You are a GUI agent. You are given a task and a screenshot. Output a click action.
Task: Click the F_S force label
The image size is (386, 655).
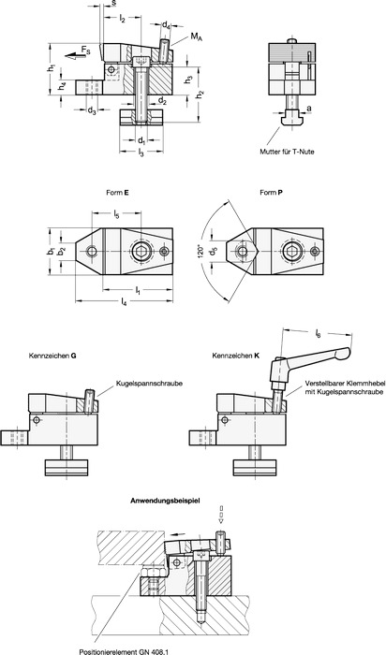(x=85, y=51)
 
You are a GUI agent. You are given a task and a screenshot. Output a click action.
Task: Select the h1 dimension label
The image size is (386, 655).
(x=51, y=67)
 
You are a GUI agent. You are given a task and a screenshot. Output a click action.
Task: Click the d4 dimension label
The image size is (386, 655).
(x=166, y=25)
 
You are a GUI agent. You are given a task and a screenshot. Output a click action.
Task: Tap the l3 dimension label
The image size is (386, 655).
(x=141, y=154)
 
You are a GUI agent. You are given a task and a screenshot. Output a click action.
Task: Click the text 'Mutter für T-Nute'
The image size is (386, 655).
(x=287, y=152)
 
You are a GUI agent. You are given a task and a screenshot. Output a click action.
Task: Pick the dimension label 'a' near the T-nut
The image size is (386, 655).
(x=308, y=109)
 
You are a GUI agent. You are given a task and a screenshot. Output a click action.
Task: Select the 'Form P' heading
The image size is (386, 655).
(x=271, y=193)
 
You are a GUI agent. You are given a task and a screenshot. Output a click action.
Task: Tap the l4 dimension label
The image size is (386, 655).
(x=124, y=301)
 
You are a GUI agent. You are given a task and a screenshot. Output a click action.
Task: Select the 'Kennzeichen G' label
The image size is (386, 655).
(x=52, y=357)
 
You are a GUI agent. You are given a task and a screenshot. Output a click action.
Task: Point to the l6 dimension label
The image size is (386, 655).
(x=319, y=334)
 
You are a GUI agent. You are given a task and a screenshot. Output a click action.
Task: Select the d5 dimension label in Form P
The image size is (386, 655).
(x=214, y=253)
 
